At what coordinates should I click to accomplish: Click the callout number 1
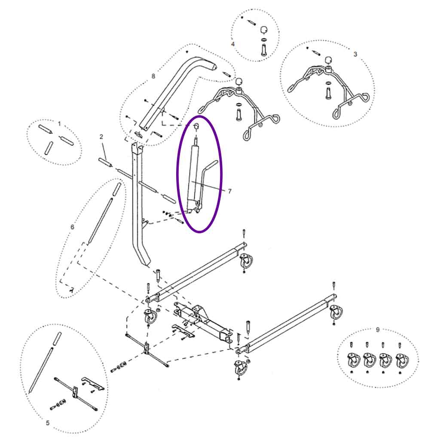coord(59,124)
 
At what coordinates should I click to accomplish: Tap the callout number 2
coord(101,137)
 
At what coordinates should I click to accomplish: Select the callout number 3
coord(355,55)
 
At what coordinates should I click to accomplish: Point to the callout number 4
coord(232,44)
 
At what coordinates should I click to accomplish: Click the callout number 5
coord(47,423)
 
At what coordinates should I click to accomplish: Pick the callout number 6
coord(72,226)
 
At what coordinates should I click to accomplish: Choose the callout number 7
coord(229,191)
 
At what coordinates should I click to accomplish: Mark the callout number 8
coord(153,76)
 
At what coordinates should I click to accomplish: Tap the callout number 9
coord(378,330)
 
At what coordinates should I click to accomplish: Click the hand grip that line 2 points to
coord(105,163)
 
